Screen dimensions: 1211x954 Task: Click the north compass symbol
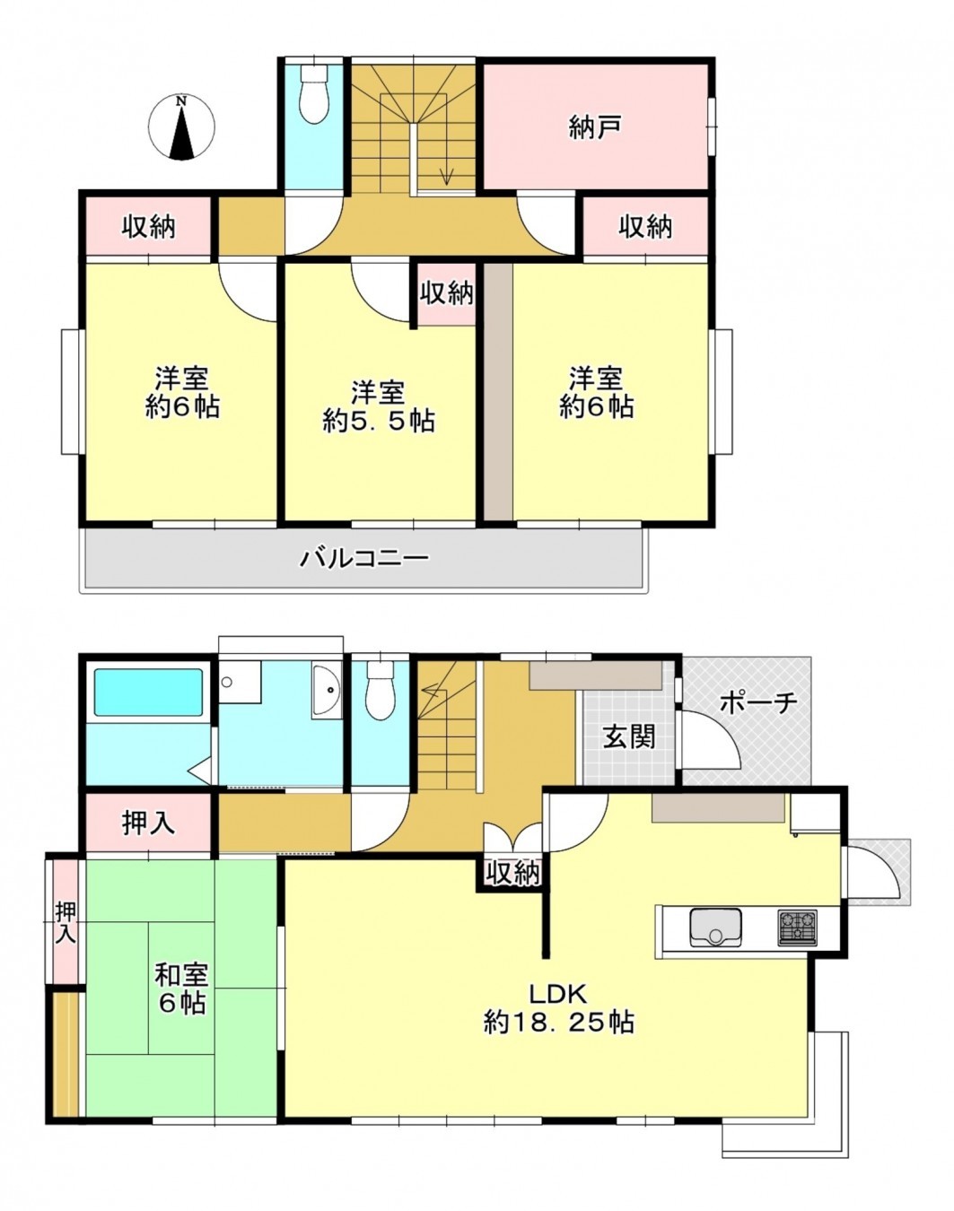(182, 127)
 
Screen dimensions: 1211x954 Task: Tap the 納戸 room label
(595, 127)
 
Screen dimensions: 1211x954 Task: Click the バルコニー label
(364, 559)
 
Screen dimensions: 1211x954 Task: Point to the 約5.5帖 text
(379, 420)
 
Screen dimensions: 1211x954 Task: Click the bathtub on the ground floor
(148, 692)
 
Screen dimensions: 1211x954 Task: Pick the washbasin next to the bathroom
(327, 691)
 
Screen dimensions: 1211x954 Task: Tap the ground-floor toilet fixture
(381, 693)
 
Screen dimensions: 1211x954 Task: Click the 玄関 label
(628, 736)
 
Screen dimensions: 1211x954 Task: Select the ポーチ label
(758, 702)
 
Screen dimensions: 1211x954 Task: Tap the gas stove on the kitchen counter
(797, 927)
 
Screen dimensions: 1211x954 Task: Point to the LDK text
(557, 993)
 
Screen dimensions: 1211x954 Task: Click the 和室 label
(181, 974)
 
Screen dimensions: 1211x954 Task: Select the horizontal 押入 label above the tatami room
(148, 823)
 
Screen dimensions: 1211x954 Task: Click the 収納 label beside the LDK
(513, 872)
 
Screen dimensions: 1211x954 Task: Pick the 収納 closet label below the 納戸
(645, 226)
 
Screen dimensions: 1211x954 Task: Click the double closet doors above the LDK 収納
(513, 839)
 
